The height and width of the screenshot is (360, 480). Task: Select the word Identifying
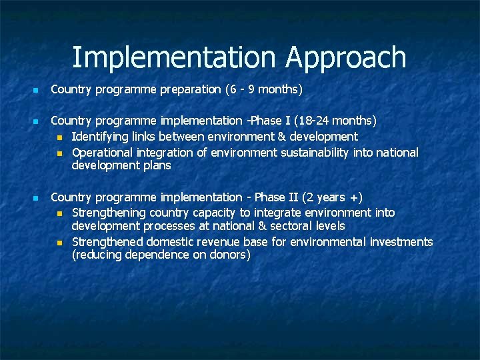coord(99,137)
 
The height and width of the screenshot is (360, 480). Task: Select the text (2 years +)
coord(332,197)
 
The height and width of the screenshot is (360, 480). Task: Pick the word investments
coord(400,242)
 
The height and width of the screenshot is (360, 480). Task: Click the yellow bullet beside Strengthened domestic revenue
coord(60,243)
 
